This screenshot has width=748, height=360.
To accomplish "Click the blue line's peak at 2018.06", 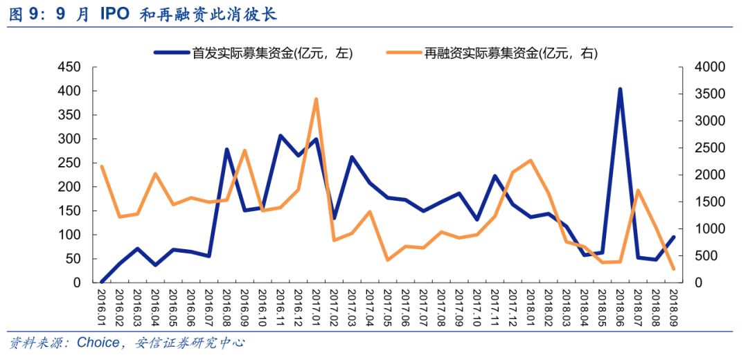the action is (620, 89).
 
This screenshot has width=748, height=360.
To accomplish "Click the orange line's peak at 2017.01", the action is (316, 99).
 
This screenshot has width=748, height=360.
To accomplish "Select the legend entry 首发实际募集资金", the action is (253, 53).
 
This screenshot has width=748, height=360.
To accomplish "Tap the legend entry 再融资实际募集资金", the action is (491, 53).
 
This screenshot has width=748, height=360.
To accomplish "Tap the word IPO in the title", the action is (114, 15).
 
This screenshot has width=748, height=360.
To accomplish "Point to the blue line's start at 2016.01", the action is (102, 282).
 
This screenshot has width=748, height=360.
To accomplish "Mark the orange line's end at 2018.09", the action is (674, 269).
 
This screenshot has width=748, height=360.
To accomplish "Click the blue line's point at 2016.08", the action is (226, 150).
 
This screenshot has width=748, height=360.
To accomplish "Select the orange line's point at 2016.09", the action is (244, 151).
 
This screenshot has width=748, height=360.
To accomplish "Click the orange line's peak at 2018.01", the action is (531, 160).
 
